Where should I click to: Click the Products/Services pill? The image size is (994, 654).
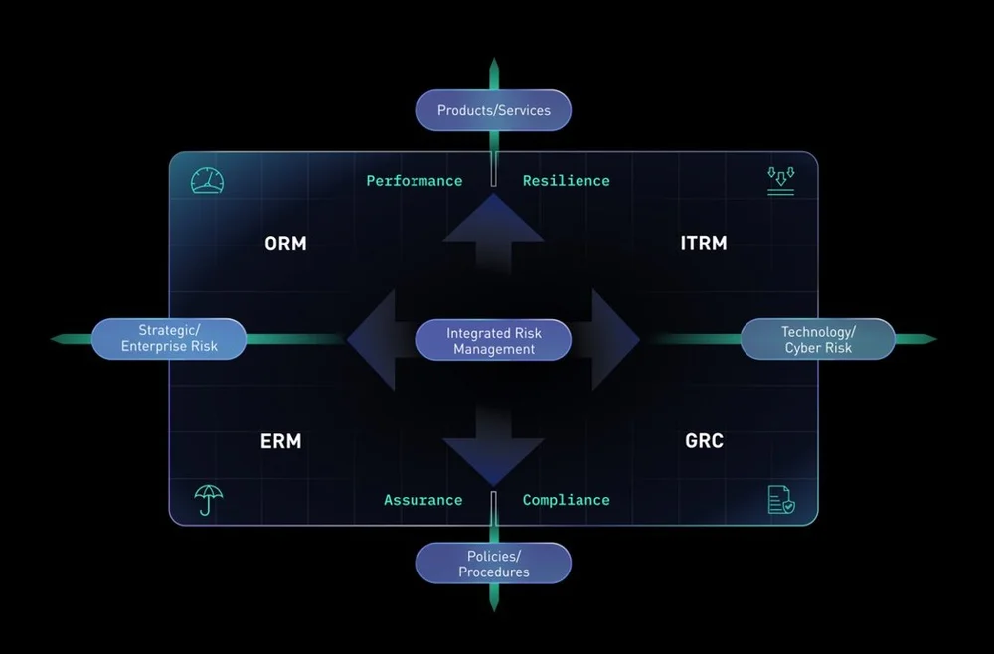point(493,110)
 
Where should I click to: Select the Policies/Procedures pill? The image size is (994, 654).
point(493,564)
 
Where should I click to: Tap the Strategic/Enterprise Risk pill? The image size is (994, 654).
point(169,339)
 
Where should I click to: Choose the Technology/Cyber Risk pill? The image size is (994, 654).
point(817,339)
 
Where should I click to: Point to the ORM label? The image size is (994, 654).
point(285,243)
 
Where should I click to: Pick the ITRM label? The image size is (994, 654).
point(703,243)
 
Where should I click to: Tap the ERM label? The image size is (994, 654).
point(280,440)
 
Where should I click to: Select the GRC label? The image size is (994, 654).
point(704,440)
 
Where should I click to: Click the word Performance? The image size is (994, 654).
point(414,181)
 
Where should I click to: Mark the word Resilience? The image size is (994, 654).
point(566,181)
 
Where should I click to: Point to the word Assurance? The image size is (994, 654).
point(422,500)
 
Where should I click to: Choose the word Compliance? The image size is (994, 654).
point(566,500)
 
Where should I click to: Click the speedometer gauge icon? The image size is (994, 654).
point(207,180)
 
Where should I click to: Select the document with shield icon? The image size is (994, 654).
point(781,500)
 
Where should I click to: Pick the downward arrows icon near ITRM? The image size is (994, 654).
point(780,180)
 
